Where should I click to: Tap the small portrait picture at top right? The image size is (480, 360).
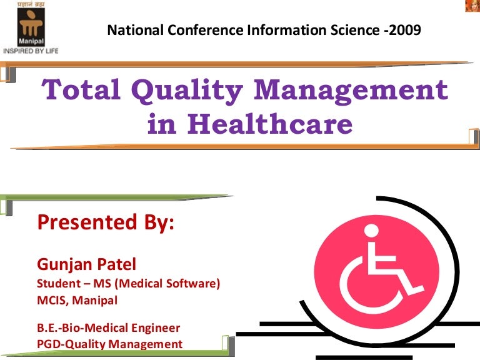coord(472,6)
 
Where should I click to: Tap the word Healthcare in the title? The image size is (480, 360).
coord(269,124)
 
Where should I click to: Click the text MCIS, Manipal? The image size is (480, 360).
coord(77,300)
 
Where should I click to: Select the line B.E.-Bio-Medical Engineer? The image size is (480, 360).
coord(109,327)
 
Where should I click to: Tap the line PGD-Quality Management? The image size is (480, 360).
coord(110,343)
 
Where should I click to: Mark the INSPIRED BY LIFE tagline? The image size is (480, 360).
coord(30,51)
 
